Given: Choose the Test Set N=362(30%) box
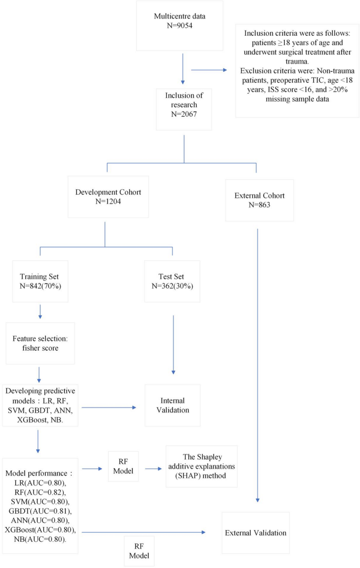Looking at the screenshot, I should coord(172,281).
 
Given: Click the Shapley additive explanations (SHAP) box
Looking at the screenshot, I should coord(201,465).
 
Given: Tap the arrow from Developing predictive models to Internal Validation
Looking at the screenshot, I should coord(109,406).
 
